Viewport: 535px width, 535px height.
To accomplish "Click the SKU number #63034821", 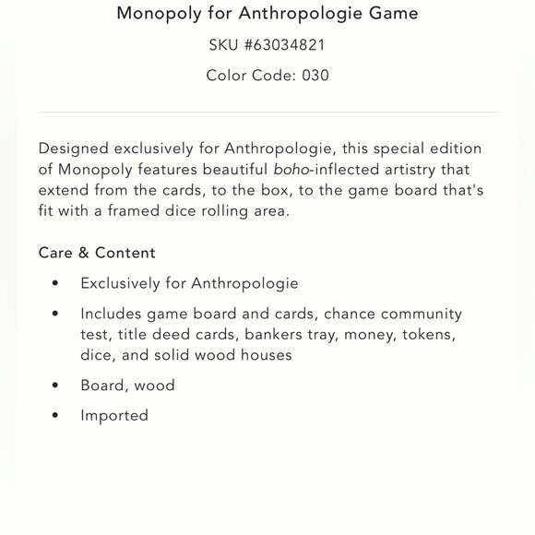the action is (x=284, y=44).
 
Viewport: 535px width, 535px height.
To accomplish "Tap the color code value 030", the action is (x=315, y=76).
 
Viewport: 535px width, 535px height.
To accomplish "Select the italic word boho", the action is (x=291, y=170).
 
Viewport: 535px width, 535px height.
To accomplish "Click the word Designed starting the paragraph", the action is (x=74, y=149).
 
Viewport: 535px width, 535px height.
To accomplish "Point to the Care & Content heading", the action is (x=97, y=253).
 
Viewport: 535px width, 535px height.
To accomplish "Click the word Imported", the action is (x=114, y=416).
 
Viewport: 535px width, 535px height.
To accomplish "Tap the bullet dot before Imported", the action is (x=55, y=416).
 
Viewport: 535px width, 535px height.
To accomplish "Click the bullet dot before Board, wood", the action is (x=55, y=386).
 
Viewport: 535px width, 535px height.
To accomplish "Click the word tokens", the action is (x=428, y=335).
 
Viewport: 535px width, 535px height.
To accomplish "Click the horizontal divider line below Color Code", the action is (x=267, y=113).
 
